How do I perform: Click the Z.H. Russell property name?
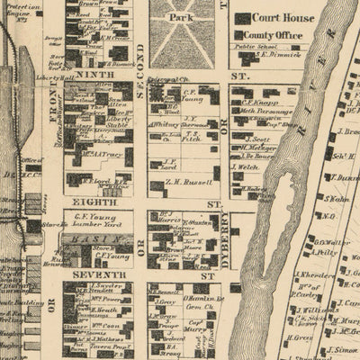coord(188,183)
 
